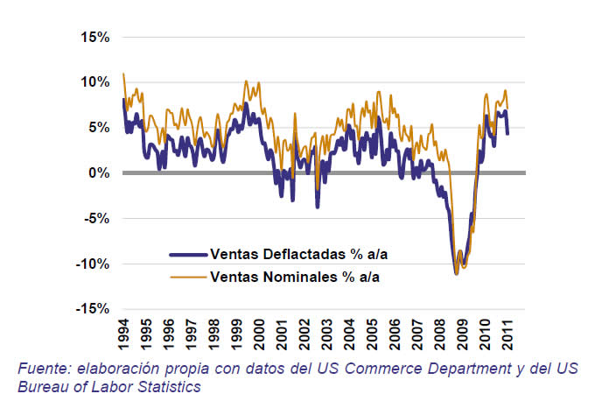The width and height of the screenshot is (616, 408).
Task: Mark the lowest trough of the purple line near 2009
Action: (x=457, y=273)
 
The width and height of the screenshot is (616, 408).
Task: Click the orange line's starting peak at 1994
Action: (x=123, y=74)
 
